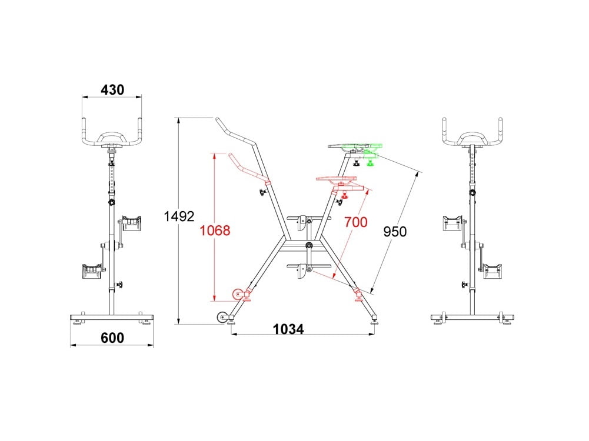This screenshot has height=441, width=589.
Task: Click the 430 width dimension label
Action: coord(112,90)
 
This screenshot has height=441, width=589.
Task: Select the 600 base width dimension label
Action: coord(112,338)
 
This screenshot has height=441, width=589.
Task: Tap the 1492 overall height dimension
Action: coord(179,216)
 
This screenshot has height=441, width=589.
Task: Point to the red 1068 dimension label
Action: coord(215,230)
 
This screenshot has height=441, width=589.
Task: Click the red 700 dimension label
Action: coord(356,222)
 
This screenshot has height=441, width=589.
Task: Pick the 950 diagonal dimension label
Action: coord(395,232)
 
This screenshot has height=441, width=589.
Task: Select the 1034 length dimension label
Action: coord(288,329)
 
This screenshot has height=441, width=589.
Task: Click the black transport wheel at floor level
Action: coord(222,318)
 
